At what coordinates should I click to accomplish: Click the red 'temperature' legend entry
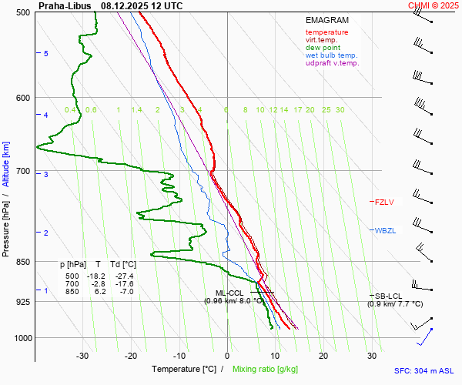coord(326,32)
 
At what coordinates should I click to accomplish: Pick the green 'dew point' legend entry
coord(322,48)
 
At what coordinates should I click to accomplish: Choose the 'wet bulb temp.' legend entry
coord(331,55)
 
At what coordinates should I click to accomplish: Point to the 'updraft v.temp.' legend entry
coord(332,63)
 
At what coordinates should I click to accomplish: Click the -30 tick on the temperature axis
coord(82,355)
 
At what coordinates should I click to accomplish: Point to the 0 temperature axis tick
coord(227,355)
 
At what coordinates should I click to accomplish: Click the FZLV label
coord(384,203)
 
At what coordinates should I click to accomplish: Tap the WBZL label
coord(385,231)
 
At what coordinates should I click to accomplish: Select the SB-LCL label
coord(387,296)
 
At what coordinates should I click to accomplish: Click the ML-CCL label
coord(229,293)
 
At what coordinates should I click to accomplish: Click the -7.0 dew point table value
coord(126,291)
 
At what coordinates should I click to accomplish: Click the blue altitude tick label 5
coord(46,53)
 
